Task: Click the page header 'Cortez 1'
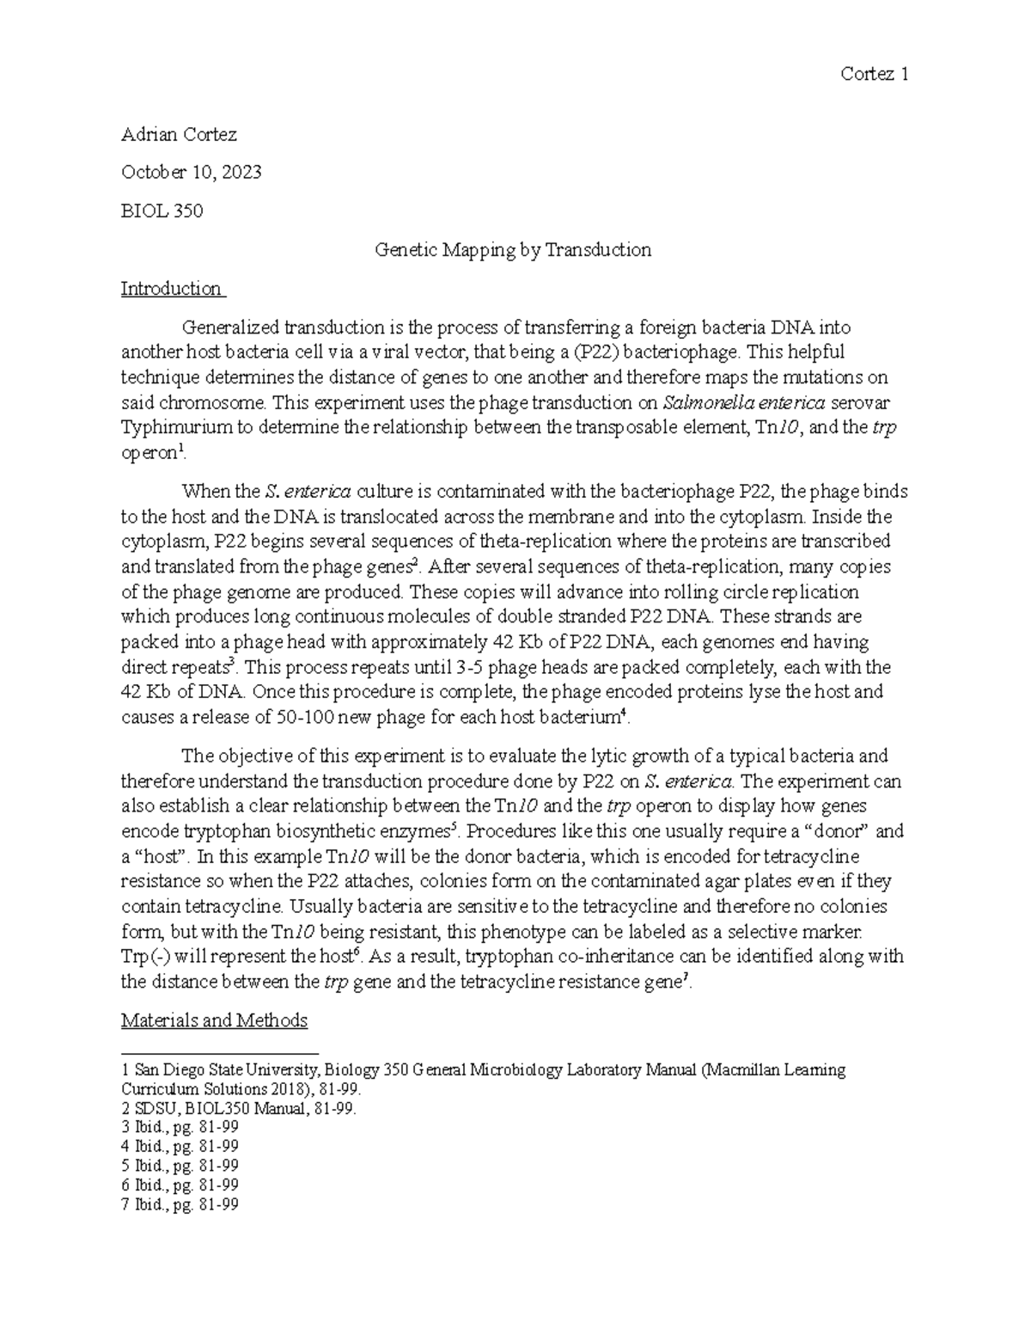[x=875, y=75]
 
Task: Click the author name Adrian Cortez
[x=179, y=135]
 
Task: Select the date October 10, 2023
[x=191, y=173]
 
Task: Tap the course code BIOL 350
[x=162, y=211]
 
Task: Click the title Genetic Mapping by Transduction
[x=513, y=250]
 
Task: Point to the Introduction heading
[x=171, y=289]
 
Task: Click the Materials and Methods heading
[x=214, y=1020]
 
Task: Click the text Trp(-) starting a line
[x=145, y=956]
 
